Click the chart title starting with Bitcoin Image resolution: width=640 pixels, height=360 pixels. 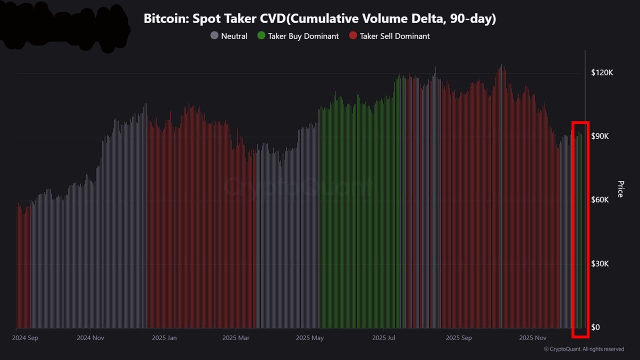click(319, 19)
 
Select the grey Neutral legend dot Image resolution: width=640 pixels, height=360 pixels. click(214, 36)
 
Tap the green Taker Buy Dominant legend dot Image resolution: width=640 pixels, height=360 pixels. click(261, 36)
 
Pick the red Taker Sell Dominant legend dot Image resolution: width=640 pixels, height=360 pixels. click(353, 36)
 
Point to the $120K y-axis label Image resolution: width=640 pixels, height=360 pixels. click(601, 72)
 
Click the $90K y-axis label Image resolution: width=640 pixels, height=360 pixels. click(599, 136)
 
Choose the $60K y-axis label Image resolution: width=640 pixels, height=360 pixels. click(599, 200)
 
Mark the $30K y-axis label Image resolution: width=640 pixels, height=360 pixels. click(599, 263)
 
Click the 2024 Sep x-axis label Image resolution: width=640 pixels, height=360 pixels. click(25, 338)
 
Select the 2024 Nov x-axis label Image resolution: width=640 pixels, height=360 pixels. click(90, 338)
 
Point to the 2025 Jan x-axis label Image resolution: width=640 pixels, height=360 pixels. click(164, 338)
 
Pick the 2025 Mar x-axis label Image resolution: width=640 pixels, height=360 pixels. click(236, 338)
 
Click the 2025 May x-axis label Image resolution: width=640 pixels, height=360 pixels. click(309, 338)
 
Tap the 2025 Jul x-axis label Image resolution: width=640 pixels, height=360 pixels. click(384, 338)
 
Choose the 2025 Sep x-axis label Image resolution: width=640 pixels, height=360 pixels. click(459, 338)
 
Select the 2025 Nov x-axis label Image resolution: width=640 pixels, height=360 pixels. click(533, 338)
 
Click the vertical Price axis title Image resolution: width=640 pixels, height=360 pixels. click(620, 189)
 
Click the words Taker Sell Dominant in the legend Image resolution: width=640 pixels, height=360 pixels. click(394, 36)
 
